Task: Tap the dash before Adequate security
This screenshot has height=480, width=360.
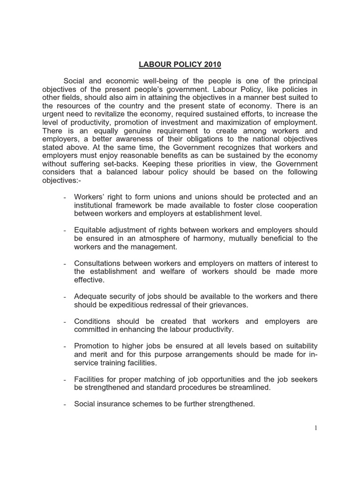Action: tap(64, 297)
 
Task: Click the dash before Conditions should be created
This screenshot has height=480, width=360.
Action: tap(64, 322)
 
